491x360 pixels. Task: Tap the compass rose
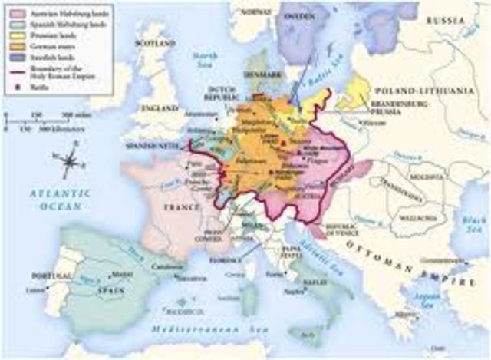[x=70, y=162]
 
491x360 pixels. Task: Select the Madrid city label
[x=115, y=273]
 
